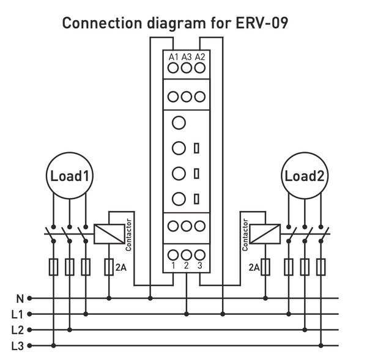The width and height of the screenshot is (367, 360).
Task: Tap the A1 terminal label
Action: coord(173,57)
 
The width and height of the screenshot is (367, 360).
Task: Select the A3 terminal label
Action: coord(187,57)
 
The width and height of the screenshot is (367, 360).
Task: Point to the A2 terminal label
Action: coord(200,57)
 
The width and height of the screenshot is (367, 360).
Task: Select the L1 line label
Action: coord(17,315)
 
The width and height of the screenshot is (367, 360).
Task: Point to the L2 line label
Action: coord(17,330)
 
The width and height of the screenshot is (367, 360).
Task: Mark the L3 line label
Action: coord(17,346)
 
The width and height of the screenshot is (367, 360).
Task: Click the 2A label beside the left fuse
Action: coord(121,267)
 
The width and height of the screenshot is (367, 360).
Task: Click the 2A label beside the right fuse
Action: coord(254,267)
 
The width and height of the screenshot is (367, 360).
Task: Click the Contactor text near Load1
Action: coord(128,235)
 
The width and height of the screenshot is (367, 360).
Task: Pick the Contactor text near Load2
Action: coord(246,235)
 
